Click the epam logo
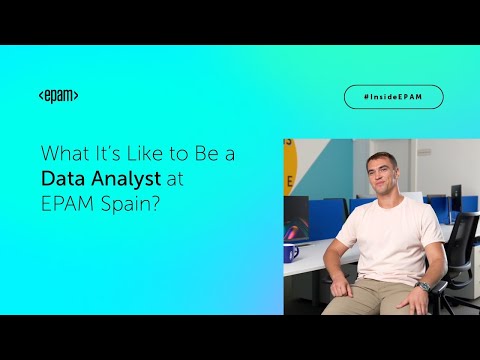(x=58, y=96)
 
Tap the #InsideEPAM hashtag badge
(x=393, y=96)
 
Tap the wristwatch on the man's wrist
(x=424, y=287)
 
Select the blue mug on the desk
(x=291, y=251)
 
